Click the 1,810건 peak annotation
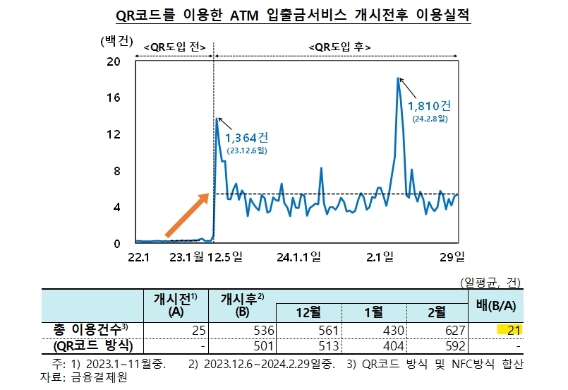429,107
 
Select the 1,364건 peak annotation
246,136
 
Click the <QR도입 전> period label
174,47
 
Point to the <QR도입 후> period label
340,47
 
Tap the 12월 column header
308,312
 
